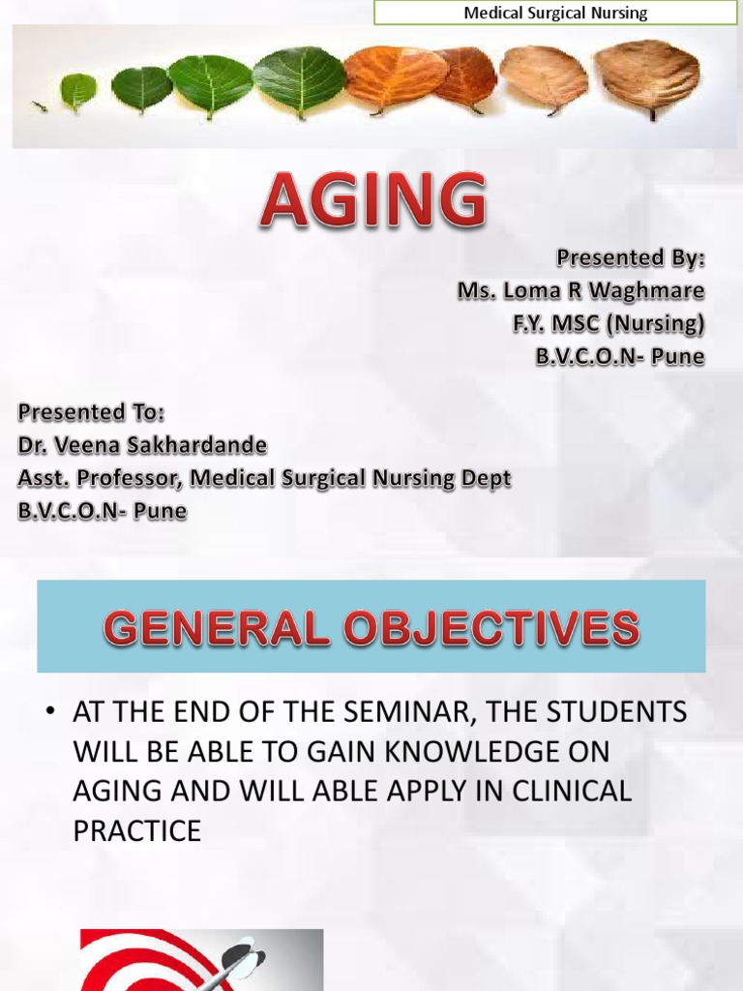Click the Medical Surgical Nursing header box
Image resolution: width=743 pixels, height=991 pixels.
pos(555,14)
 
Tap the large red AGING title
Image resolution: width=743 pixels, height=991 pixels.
pos(372,201)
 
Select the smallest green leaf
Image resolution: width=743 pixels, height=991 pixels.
pos(78,91)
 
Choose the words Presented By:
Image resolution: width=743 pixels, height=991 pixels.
pos(630,257)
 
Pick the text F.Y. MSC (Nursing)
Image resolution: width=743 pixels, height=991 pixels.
pos(609,323)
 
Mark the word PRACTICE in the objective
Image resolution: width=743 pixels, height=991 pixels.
pos(136,830)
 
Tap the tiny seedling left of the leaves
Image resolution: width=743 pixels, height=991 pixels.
pos(40,105)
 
